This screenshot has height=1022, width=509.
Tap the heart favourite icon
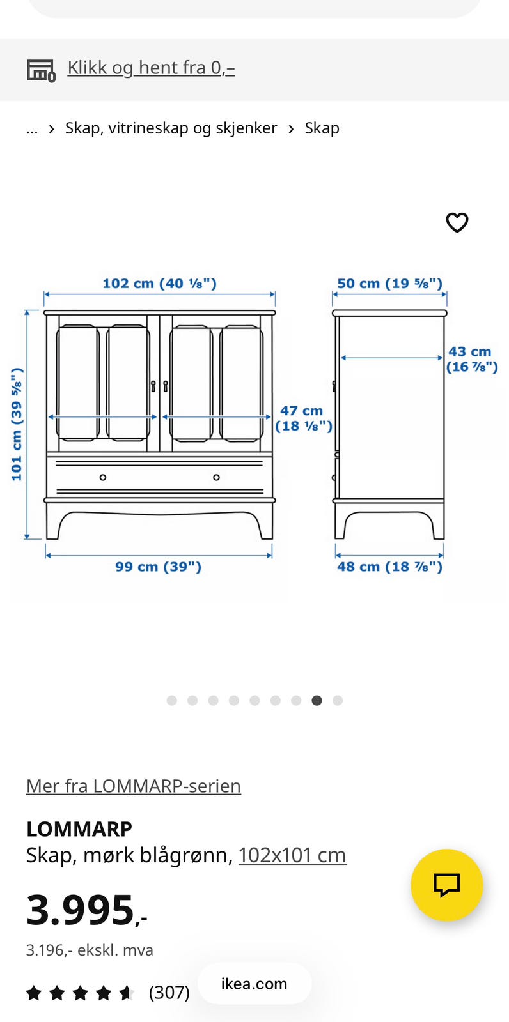tap(457, 223)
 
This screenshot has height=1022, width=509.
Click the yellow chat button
tap(446, 885)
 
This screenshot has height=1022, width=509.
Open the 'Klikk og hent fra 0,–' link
tap(152, 68)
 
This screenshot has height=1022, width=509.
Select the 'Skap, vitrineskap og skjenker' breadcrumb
tap(171, 128)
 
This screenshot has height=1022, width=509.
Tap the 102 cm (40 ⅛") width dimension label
tap(159, 284)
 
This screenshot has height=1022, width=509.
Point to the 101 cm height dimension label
tap(17, 424)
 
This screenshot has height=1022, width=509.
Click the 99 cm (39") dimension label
tap(158, 567)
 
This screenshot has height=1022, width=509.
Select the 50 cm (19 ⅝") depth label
tap(390, 284)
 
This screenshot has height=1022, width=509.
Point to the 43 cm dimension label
tap(471, 359)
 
